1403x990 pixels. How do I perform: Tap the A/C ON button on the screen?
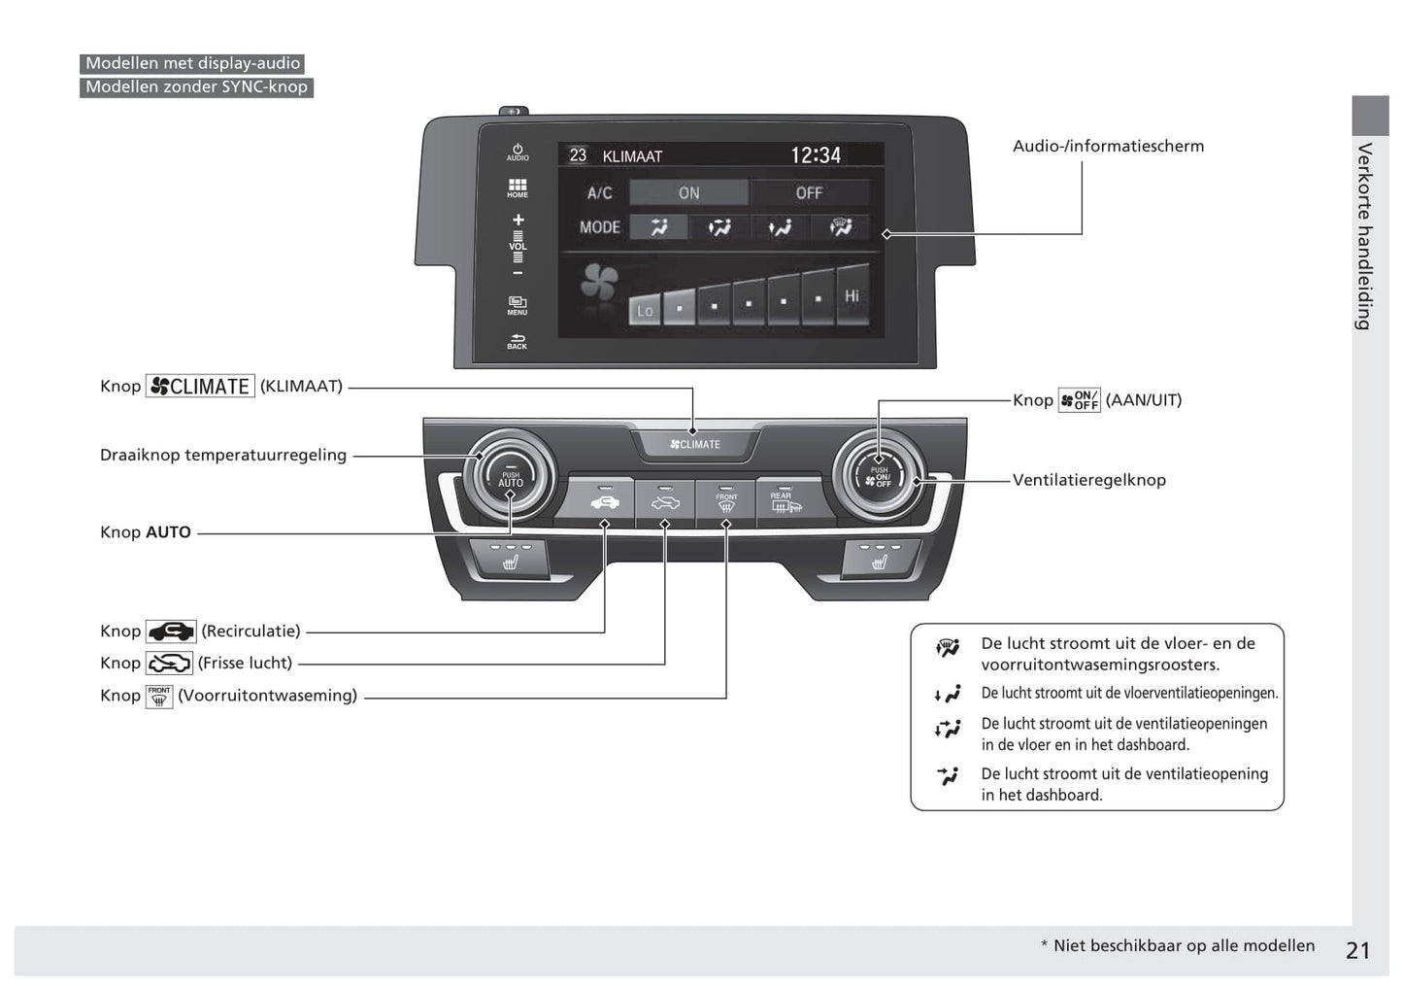(688, 192)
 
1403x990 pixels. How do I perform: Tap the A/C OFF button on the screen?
(809, 192)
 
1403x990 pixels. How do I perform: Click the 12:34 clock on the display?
(816, 155)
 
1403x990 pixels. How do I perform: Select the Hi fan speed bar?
(852, 294)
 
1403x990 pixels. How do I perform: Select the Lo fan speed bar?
(645, 310)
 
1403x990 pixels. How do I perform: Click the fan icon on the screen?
(598, 283)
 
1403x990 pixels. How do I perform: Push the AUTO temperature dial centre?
(511, 478)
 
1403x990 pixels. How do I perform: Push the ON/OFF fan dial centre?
(879, 477)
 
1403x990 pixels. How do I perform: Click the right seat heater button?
(879, 559)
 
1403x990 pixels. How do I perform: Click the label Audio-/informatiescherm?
(1108, 146)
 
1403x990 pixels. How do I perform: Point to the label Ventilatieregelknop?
(1088, 480)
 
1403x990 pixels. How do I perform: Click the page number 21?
(1357, 950)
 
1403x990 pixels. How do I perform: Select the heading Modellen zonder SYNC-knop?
(196, 87)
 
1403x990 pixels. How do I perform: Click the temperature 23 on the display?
(578, 155)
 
